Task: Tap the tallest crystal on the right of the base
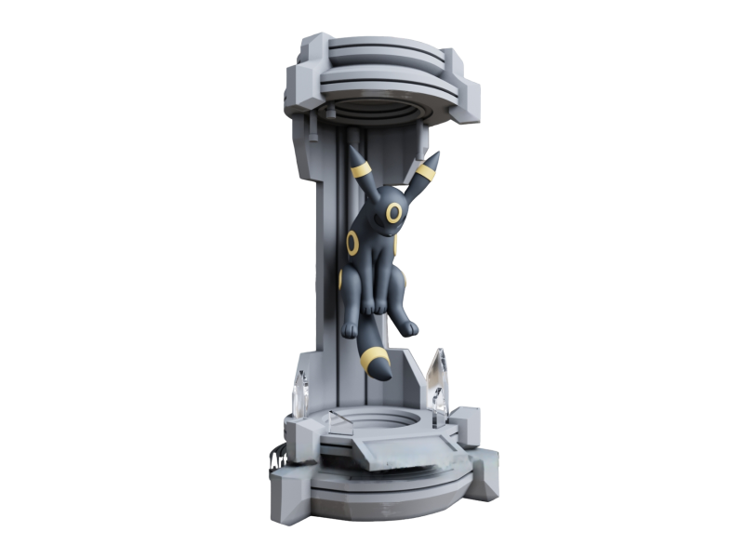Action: (x=437, y=377)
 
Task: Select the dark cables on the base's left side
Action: (x=274, y=455)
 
